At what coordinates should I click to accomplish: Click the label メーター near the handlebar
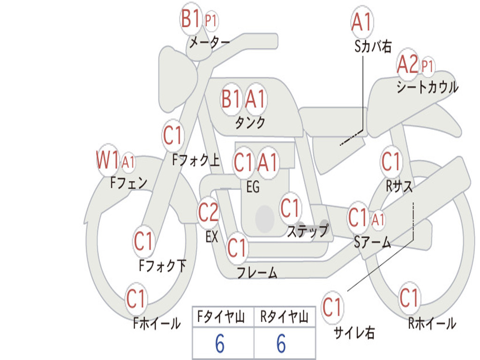pyautogui.click(x=209, y=43)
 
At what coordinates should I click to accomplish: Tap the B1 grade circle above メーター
pyautogui.click(x=191, y=20)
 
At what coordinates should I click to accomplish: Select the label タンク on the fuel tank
pyautogui.click(x=250, y=123)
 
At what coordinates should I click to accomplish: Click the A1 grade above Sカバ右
pyautogui.click(x=361, y=22)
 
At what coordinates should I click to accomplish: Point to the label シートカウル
pyautogui.click(x=427, y=87)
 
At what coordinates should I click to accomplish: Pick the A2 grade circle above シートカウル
pyautogui.click(x=407, y=65)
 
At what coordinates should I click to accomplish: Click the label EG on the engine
pyautogui.click(x=253, y=187)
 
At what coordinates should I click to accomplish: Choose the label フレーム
pyautogui.click(x=257, y=272)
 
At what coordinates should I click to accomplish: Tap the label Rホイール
pyautogui.click(x=432, y=323)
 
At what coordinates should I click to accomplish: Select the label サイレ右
pyautogui.click(x=354, y=333)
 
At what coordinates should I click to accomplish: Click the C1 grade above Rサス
pyautogui.click(x=391, y=162)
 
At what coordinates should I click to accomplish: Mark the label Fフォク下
pyautogui.click(x=163, y=266)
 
